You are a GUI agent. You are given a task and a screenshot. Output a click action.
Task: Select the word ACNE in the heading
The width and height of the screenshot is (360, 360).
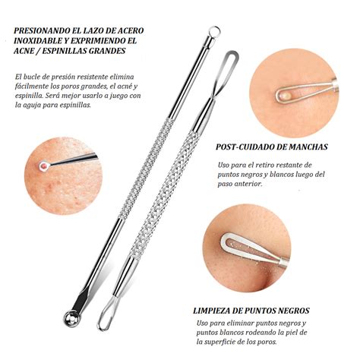(24, 51)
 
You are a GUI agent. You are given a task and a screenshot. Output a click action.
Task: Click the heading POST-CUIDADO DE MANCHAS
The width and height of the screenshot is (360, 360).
(272, 147)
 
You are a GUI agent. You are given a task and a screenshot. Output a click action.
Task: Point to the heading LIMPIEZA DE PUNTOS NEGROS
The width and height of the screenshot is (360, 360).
(251, 311)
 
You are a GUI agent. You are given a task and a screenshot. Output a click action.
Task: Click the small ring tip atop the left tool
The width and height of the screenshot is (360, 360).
(214, 32)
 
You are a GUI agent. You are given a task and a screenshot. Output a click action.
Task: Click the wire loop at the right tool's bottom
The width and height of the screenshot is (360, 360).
(106, 314)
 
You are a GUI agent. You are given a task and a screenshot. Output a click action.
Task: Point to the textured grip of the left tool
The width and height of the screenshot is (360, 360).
(147, 169)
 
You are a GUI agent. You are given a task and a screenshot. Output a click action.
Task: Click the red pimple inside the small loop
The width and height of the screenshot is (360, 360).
(45, 166)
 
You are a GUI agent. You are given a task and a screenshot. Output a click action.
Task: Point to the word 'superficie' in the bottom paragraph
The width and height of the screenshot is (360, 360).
(223, 342)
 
